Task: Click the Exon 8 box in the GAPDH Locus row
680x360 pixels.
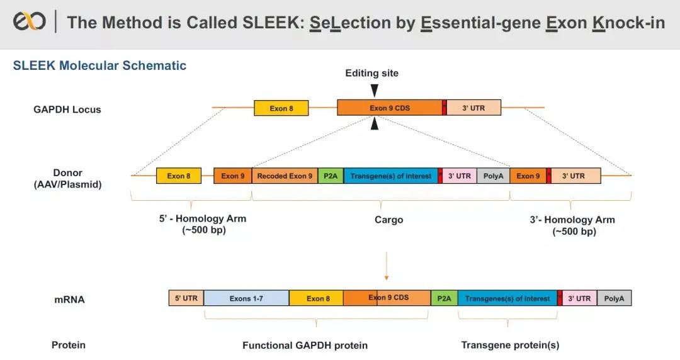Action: click(x=281, y=108)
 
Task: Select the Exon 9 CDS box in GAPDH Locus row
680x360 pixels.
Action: click(x=389, y=108)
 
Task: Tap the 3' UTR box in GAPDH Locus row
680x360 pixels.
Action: click(x=473, y=108)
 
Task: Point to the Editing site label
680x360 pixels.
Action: click(x=371, y=73)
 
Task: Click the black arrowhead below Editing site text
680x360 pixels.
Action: click(x=375, y=90)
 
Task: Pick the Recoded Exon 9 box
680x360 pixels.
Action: click(x=285, y=176)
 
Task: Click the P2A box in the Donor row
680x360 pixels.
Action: click(x=331, y=176)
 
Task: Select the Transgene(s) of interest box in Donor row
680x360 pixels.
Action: click(x=390, y=176)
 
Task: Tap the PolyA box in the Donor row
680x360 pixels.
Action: click(x=493, y=176)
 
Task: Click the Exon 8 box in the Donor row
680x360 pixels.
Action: click(x=179, y=176)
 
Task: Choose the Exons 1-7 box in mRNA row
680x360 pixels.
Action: click(x=246, y=298)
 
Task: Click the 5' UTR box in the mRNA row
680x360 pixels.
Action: click(x=186, y=298)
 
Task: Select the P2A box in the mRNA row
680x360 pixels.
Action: click(x=444, y=298)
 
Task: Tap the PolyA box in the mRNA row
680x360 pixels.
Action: click(x=614, y=298)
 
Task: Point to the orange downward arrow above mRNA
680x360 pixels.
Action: click(x=387, y=267)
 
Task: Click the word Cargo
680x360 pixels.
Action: click(x=388, y=220)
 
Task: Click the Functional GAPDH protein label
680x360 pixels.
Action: click(x=305, y=345)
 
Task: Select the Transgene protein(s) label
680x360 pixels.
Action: click(x=510, y=345)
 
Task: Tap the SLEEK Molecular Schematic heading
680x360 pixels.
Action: click(x=99, y=65)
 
